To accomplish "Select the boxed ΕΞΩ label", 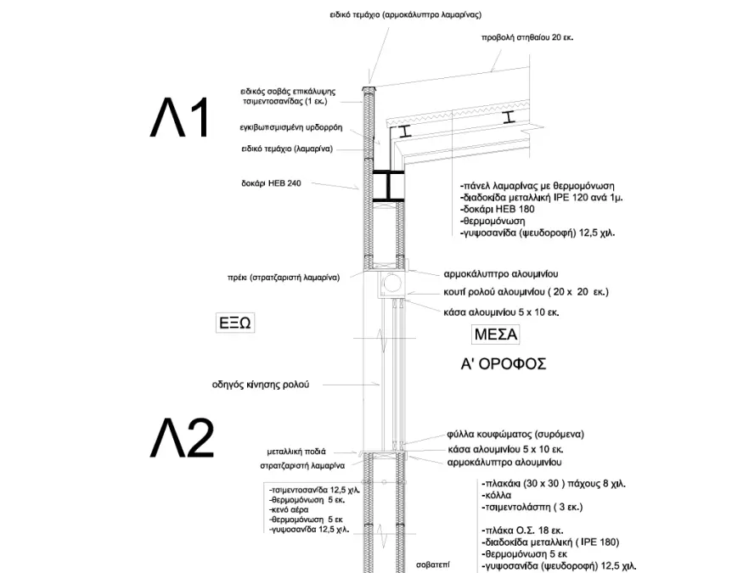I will click(x=236, y=323).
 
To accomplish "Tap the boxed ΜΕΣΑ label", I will click(x=494, y=334).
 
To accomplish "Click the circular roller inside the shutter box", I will click(x=391, y=284).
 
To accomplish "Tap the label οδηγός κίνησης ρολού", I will click(x=260, y=384).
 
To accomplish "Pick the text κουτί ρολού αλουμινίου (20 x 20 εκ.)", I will click(x=526, y=293).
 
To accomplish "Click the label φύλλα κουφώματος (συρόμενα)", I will click(x=515, y=434).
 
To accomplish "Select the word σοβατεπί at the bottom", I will click(x=456, y=563).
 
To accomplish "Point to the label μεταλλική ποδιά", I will click(x=296, y=452).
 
